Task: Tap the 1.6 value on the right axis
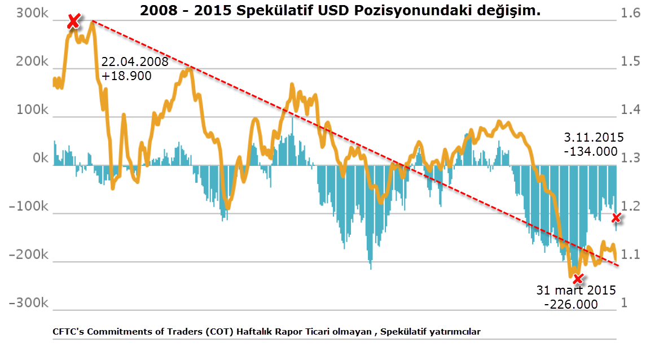point(631,14)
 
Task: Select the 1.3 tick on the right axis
point(631,159)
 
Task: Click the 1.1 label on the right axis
point(631,255)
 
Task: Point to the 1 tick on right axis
point(624,303)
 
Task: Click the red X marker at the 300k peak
point(73,21)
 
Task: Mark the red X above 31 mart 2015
point(577,278)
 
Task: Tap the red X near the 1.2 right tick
point(617,218)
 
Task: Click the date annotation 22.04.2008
point(135,62)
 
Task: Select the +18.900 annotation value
point(127,76)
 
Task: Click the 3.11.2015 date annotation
point(594,138)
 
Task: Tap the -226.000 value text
point(571,304)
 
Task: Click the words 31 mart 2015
point(576,291)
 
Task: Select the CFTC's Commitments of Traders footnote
point(266,332)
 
